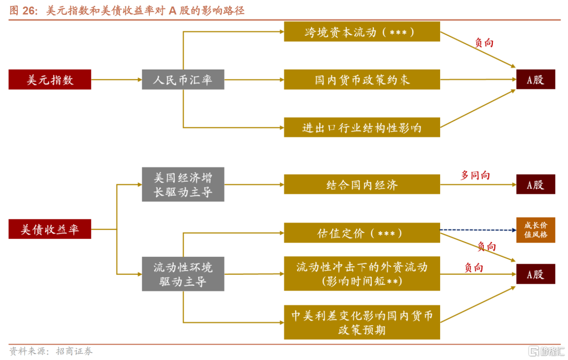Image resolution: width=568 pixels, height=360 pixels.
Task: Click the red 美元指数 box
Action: pyautogui.click(x=50, y=79)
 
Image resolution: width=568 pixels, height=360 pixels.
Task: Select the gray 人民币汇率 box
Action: pyautogui.click(x=183, y=79)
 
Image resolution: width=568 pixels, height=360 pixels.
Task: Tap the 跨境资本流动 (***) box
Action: pyautogui.click(x=362, y=32)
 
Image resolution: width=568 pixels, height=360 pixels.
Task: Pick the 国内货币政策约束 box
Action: pyautogui.click(x=362, y=79)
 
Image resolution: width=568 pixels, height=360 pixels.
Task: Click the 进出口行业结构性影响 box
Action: pyautogui.click(x=362, y=127)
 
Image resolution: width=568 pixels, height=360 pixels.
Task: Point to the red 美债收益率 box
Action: pyautogui.click(x=50, y=229)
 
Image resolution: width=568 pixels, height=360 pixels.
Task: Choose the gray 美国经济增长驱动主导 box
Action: pyautogui.click(x=183, y=185)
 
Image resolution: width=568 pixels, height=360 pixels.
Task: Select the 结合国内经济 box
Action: pyautogui.click(x=362, y=185)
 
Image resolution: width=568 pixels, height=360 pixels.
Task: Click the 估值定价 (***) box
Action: pyautogui.click(x=362, y=233)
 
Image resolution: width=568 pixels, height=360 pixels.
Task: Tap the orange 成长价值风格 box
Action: pyautogui.click(x=535, y=229)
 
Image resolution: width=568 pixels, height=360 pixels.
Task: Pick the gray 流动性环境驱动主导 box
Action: pyautogui.click(x=183, y=274)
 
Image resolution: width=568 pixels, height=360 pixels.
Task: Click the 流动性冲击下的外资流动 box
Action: pyautogui.click(x=362, y=274)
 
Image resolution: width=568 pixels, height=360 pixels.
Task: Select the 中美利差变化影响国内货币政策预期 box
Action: pyautogui.click(x=362, y=322)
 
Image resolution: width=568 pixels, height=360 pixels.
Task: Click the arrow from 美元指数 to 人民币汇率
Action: pyautogui.click(x=116, y=79)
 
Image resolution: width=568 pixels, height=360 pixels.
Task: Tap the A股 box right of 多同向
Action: pyautogui.click(x=535, y=185)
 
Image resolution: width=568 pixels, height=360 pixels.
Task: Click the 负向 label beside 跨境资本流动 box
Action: pyautogui.click(x=484, y=43)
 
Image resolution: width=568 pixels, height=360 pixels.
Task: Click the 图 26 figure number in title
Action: pyautogui.click(x=21, y=11)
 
